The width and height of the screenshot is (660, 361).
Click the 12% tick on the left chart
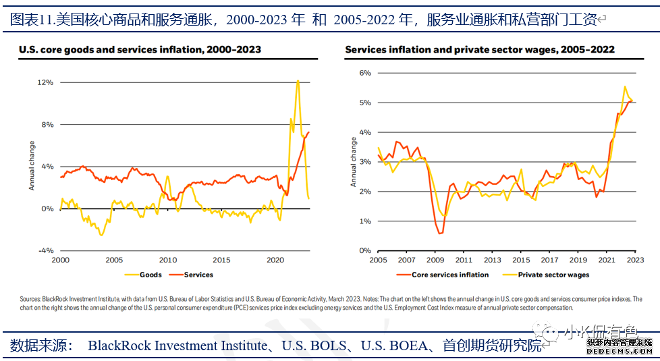46,82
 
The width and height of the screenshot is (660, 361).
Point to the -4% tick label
45,250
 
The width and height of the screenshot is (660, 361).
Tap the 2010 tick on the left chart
168,260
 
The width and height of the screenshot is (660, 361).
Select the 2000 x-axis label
60,260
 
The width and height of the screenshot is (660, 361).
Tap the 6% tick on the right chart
364,73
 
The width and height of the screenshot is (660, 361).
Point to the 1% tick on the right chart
364,221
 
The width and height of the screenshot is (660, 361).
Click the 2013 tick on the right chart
492,260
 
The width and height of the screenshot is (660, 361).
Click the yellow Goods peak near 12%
298,81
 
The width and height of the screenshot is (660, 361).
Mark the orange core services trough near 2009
440,233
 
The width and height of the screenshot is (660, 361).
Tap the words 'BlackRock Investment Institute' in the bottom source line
177,346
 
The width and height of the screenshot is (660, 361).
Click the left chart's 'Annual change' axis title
32,165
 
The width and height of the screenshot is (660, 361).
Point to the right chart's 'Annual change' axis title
353,162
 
